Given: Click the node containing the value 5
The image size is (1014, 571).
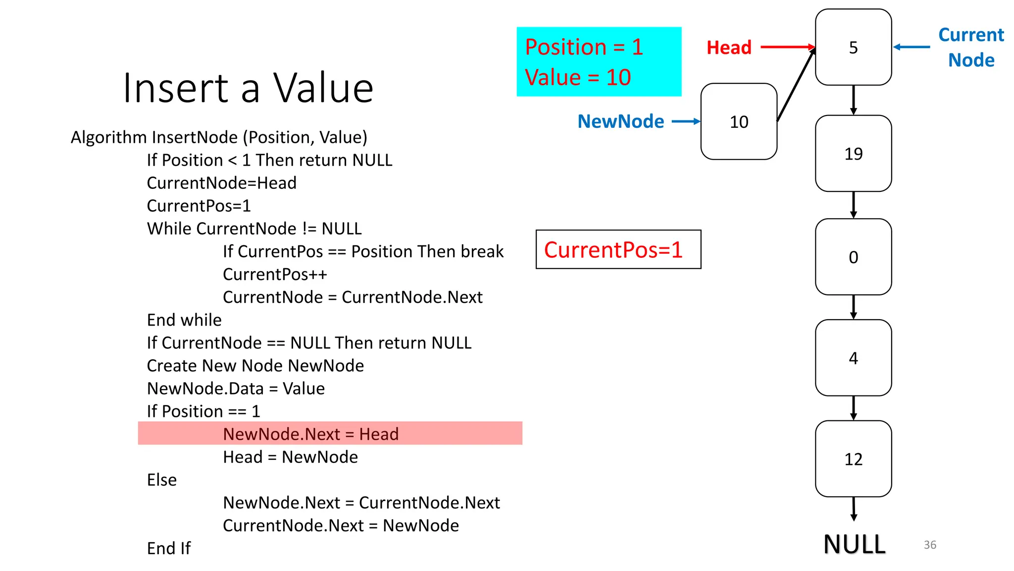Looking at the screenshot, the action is coord(853,47).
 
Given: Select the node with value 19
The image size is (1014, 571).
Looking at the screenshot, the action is coord(853,153).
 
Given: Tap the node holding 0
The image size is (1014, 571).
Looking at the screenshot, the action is coord(853,257).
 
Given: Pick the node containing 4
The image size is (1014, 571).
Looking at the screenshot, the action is coord(853,357).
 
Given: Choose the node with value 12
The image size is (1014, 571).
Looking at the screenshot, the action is coord(853,458).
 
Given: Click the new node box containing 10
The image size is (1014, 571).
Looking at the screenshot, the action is coord(739,121).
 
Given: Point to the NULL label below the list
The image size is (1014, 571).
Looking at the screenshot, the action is coord(854,544).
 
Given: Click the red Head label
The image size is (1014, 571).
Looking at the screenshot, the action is coord(729,48).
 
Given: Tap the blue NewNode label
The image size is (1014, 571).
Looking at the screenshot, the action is coord(620,121).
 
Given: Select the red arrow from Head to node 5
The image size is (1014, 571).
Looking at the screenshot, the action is coord(787,47).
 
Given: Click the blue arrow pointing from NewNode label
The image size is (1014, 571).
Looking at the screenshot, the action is coord(686,121).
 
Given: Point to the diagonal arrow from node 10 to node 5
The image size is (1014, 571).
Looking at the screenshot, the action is coord(796,84).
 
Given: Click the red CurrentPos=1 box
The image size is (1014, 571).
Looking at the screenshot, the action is coord(618,249).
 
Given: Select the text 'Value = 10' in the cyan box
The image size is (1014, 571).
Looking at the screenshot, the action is coord(577,77).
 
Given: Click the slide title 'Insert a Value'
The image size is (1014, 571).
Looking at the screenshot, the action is coord(248,88).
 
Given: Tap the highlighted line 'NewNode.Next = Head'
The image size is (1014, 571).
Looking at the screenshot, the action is coord(310,434).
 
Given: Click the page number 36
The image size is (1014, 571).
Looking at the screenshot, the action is coord(930,545).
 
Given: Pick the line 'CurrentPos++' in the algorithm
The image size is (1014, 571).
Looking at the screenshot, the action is coord(275,274).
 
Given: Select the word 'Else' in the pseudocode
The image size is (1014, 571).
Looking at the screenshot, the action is coord(162,480).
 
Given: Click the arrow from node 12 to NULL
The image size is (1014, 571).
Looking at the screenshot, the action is coord(854,509).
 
